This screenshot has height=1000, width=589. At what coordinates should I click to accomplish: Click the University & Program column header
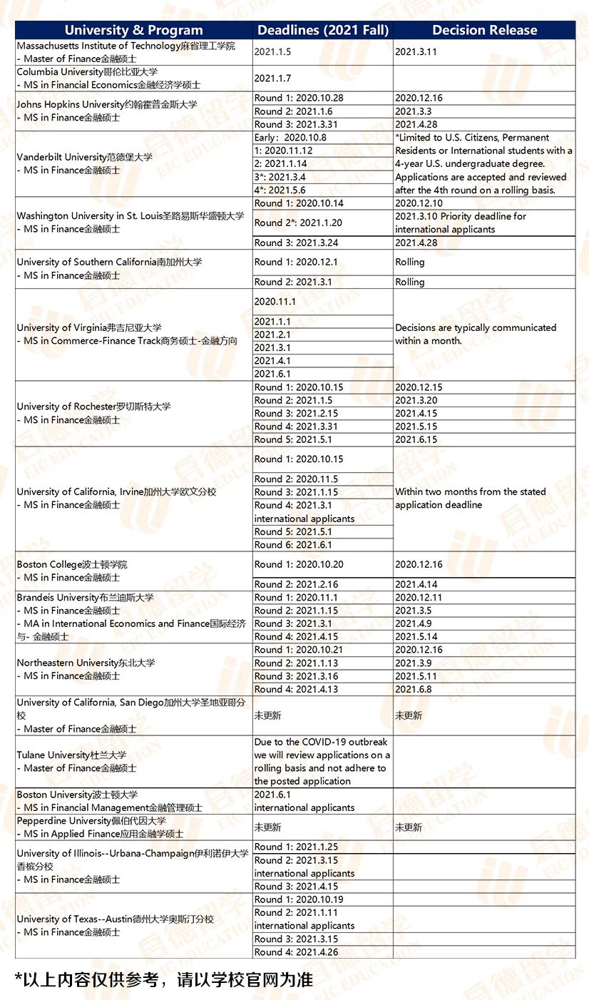coord(134,30)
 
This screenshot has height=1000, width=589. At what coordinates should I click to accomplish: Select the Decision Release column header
coord(484,30)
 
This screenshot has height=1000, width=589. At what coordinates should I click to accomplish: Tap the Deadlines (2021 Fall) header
coord(323,30)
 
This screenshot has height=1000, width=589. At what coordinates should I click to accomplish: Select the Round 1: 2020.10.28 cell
coord(299,98)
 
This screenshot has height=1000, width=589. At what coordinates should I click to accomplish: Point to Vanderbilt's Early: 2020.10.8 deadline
coord(290,138)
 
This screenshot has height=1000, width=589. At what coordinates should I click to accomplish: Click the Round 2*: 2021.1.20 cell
coord(298,223)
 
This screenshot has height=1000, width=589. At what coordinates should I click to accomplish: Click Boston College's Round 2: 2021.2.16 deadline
coord(296,584)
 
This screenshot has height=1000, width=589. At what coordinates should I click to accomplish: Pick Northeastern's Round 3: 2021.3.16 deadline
coord(296,676)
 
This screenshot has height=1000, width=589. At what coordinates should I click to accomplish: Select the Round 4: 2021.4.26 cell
coord(296,952)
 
